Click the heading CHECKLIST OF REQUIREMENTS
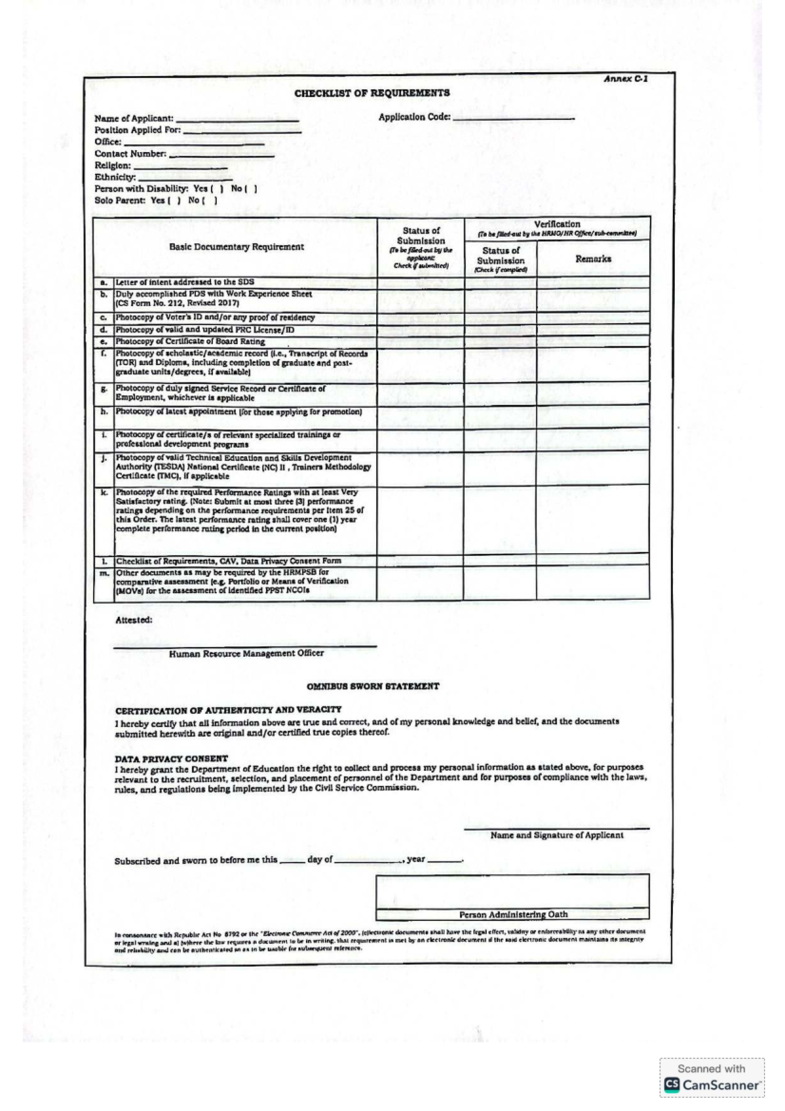(372, 93)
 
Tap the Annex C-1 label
(625, 79)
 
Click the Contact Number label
(130, 154)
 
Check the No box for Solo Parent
(211, 201)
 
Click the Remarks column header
(593, 259)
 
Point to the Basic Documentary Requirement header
(236, 247)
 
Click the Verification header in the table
(557, 224)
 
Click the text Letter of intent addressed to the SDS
(185, 283)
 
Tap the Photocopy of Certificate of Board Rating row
(190, 342)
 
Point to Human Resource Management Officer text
(246, 654)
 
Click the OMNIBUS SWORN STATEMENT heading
(373, 686)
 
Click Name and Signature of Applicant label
(557, 836)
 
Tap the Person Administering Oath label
(513, 915)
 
